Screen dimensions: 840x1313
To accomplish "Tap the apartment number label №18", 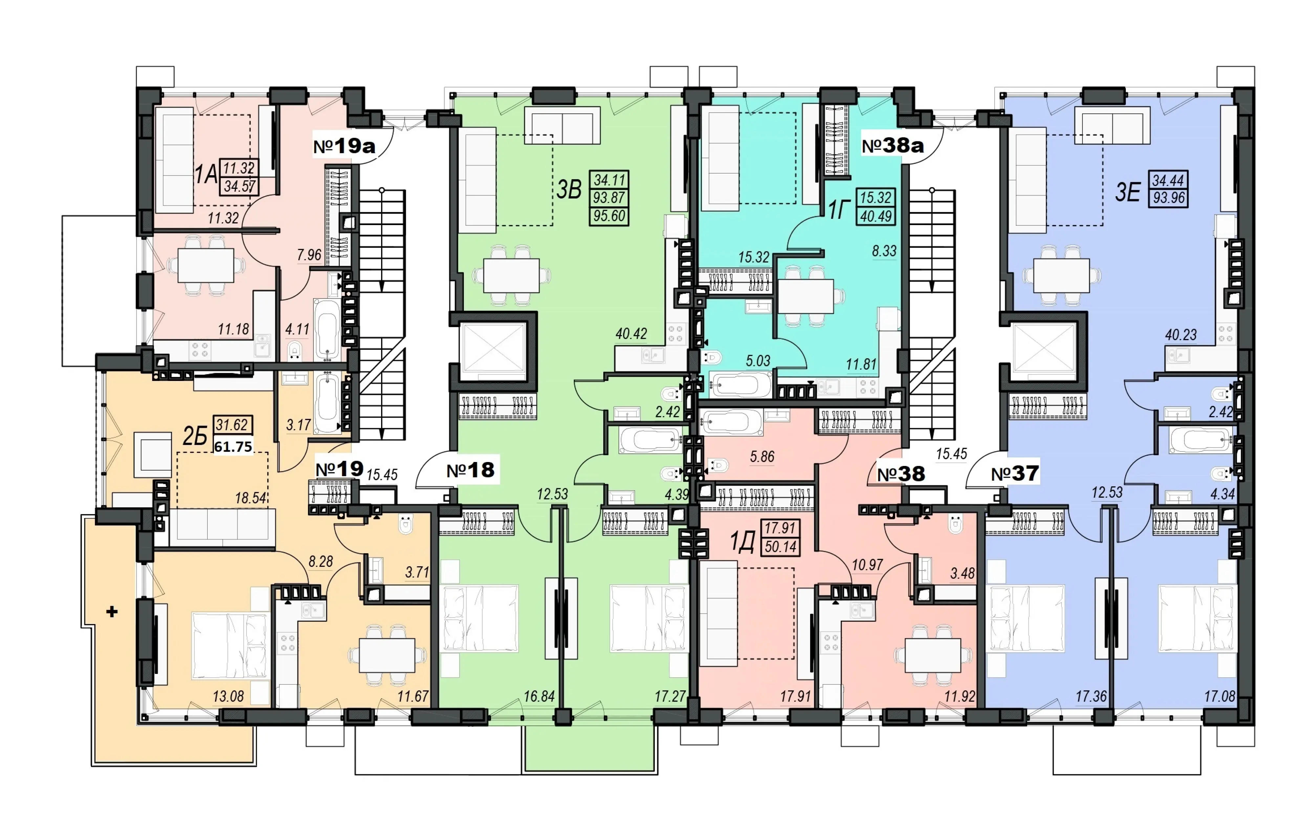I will pyautogui.click(x=470, y=470).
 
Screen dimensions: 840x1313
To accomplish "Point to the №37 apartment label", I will pyautogui.click(x=1015, y=473).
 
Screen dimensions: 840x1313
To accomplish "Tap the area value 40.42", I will pyautogui.click(x=631, y=334).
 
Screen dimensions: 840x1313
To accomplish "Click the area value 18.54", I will pyautogui.click(x=251, y=498).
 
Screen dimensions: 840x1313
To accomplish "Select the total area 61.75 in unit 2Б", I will pyautogui.click(x=233, y=447).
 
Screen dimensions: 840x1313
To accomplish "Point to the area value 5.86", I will pyautogui.click(x=762, y=456).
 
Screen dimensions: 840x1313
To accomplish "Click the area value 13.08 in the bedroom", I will pyautogui.click(x=228, y=697).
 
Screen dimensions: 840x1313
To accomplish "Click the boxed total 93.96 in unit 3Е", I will pyautogui.click(x=1169, y=198).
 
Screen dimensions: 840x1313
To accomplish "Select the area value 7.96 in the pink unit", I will pyautogui.click(x=309, y=255).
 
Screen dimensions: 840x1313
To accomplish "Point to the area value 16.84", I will pyautogui.click(x=539, y=697).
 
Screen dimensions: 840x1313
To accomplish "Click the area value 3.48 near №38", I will pyautogui.click(x=962, y=573).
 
